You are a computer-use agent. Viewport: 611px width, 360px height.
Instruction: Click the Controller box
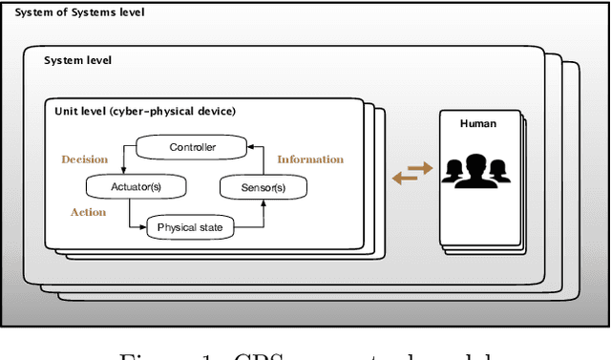tap(192, 147)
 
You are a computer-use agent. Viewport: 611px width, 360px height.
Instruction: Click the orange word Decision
tap(85, 159)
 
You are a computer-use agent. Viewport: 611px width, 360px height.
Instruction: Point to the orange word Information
tap(310, 159)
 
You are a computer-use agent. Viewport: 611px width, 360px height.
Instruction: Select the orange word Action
tap(88, 212)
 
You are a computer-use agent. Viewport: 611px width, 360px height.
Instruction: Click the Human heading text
tap(478, 123)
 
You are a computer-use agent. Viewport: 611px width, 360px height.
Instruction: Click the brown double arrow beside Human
tap(411, 175)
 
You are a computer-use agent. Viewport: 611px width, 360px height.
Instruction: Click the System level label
tap(77, 60)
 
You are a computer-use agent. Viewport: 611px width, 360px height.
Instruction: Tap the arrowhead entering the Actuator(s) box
tap(128, 173)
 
